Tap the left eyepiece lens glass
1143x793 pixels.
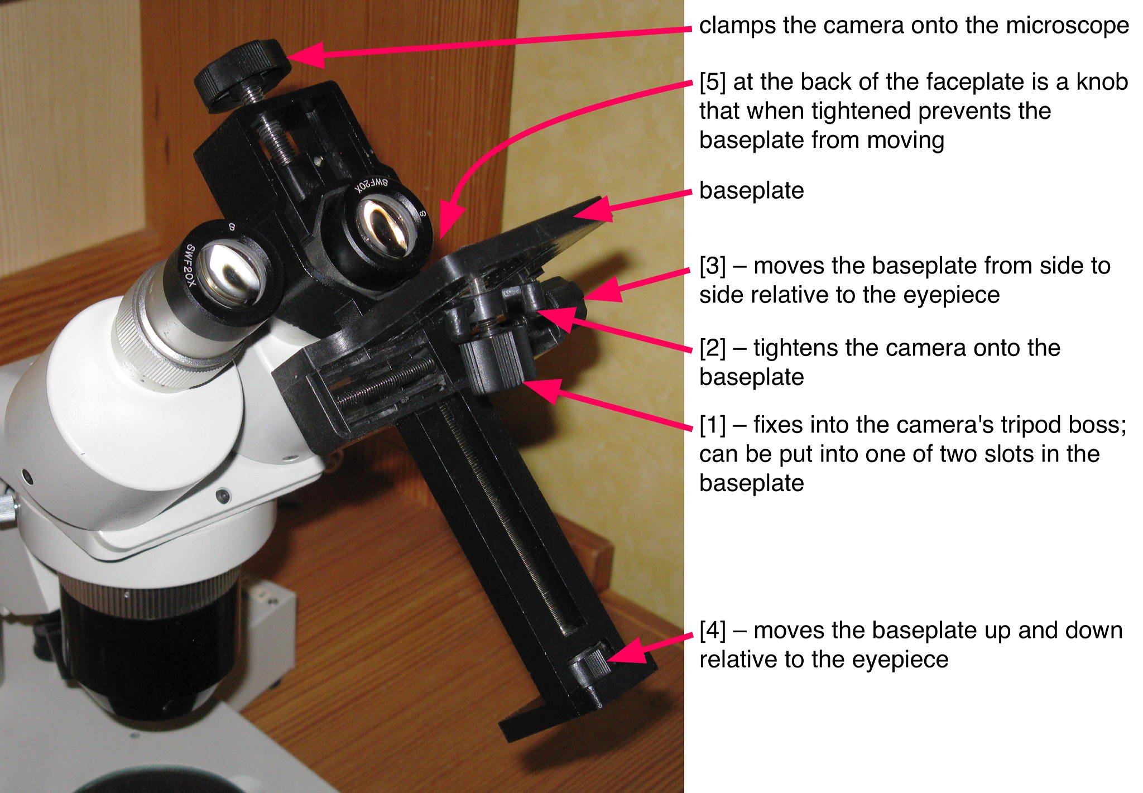(229, 274)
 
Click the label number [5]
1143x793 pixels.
(713, 82)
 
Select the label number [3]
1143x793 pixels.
(713, 266)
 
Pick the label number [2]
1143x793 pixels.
(713, 348)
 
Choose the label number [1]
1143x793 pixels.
(713, 425)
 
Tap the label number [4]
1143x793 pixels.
(713, 631)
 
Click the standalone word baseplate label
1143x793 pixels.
(751, 191)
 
